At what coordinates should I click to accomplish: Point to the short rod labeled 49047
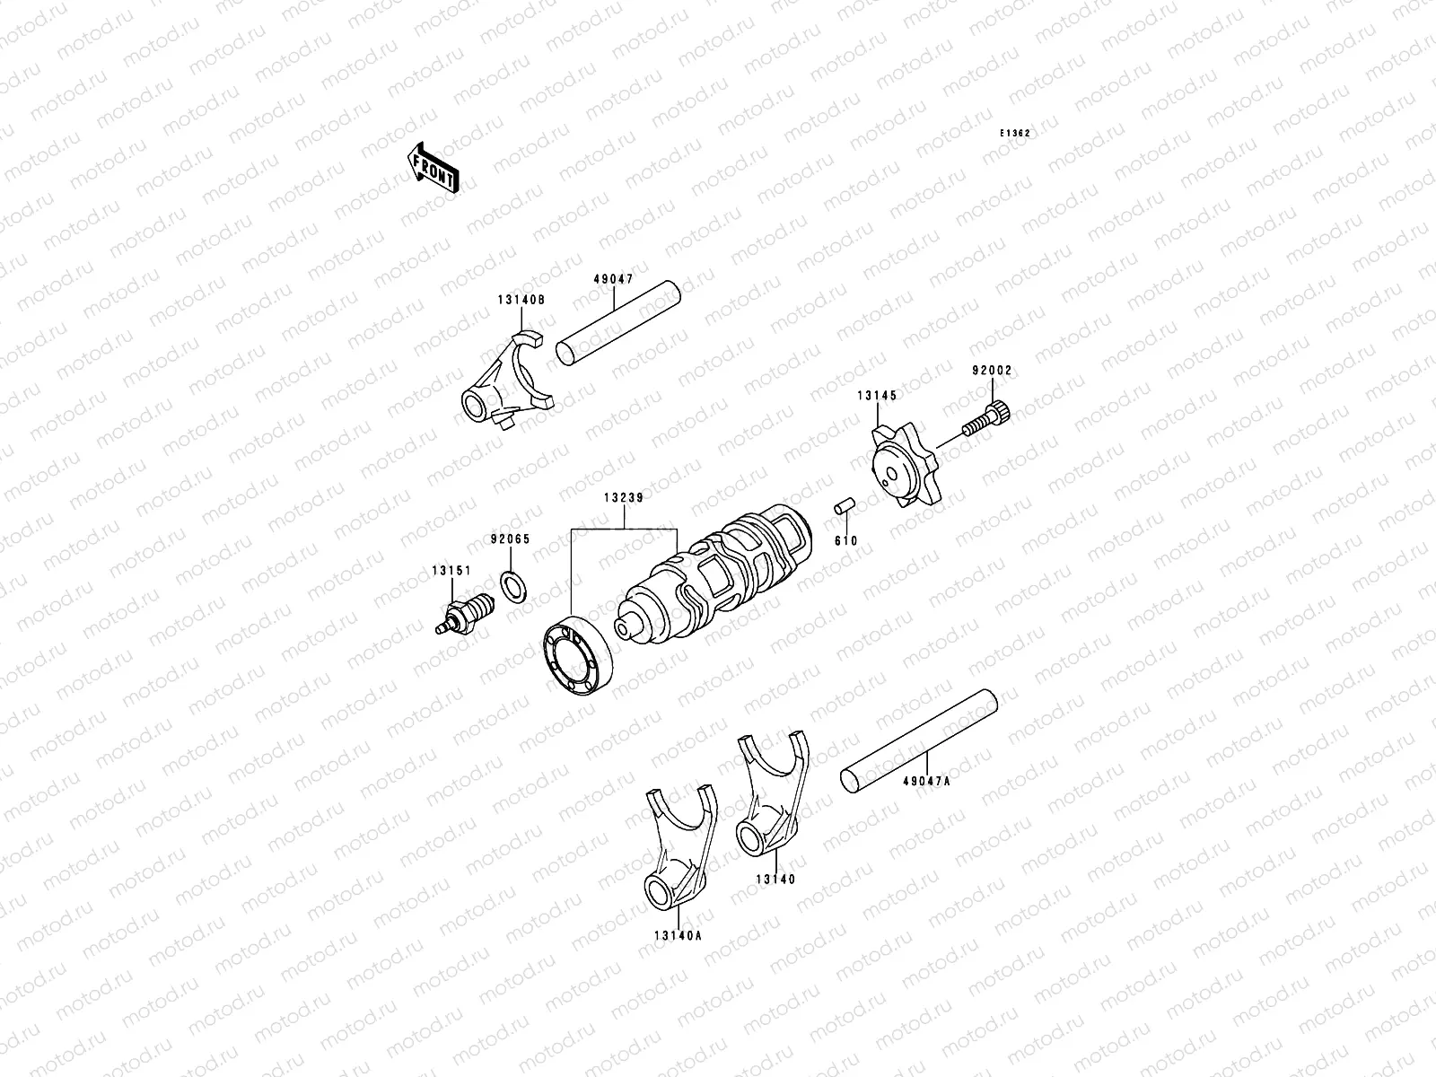618,324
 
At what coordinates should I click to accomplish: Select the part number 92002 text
992,370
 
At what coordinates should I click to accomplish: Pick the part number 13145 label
876,394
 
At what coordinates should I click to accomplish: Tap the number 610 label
845,540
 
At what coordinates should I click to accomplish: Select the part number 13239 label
622,496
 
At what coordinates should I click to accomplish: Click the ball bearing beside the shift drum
575,655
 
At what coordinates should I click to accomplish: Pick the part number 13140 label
774,880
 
